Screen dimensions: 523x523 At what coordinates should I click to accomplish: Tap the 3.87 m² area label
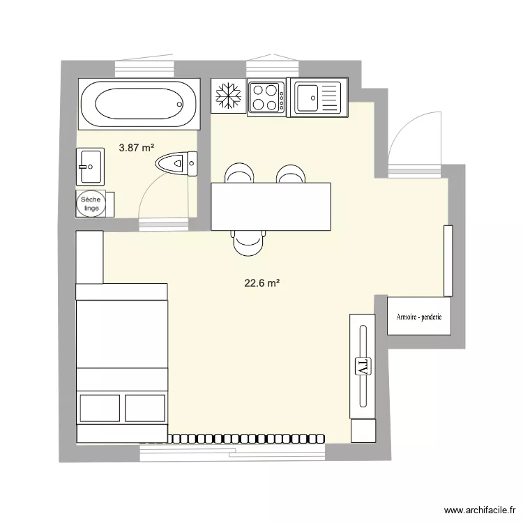click(x=136, y=148)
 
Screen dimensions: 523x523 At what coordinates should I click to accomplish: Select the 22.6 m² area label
click(x=261, y=283)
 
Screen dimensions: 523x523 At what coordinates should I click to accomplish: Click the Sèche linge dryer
click(x=91, y=203)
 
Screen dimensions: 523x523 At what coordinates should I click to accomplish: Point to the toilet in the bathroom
click(x=177, y=165)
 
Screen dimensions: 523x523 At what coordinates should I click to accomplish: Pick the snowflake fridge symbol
click(x=228, y=96)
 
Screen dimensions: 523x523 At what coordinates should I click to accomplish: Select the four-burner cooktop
click(x=266, y=97)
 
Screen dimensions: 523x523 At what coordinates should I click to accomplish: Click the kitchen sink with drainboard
click(x=318, y=98)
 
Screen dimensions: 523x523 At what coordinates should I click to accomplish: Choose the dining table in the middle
click(x=271, y=206)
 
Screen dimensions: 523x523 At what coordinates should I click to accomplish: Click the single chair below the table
click(x=249, y=243)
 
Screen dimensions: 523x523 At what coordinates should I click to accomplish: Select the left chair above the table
click(x=238, y=174)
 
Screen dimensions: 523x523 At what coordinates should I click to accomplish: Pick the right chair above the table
click(x=289, y=174)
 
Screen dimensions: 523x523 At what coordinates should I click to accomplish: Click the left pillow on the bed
click(x=100, y=408)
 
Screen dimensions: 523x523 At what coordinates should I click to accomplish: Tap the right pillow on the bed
click(x=145, y=408)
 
